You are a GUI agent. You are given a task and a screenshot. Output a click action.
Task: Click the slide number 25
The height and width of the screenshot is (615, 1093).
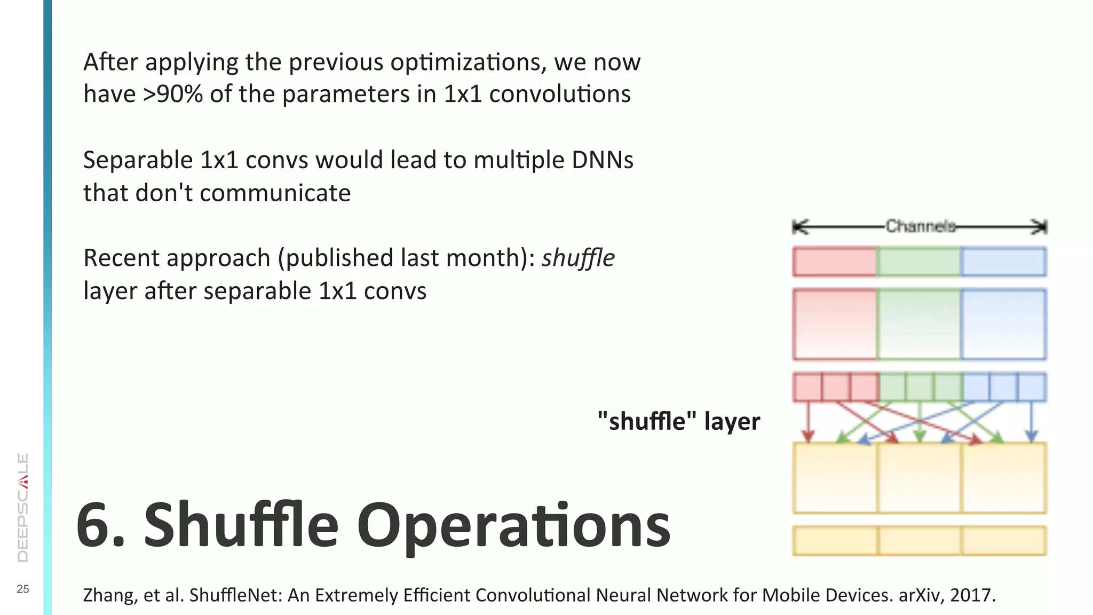tap(23, 589)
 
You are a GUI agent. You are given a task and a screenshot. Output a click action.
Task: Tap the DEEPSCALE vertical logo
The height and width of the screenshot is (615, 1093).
tap(23, 507)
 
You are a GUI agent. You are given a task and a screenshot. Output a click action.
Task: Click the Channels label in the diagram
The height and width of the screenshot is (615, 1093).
tap(921, 226)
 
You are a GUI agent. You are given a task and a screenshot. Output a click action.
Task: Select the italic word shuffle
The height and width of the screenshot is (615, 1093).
tap(578, 258)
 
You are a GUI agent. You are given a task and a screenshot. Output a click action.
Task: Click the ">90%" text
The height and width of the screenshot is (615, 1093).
tap(172, 94)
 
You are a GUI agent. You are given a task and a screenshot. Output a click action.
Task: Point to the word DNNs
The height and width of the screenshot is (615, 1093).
tap(603, 161)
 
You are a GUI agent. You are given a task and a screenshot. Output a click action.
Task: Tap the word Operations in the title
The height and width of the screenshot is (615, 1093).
tap(513, 525)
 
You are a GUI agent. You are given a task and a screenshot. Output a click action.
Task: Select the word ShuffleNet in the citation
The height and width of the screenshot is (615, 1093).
tap(235, 595)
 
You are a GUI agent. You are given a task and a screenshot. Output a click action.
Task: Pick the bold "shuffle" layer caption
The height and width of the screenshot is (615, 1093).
tap(679, 421)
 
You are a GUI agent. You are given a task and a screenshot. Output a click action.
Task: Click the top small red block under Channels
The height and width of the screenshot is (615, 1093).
tap(835, 262)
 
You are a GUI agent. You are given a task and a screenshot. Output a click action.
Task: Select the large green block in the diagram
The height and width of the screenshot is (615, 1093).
tap(918, 324)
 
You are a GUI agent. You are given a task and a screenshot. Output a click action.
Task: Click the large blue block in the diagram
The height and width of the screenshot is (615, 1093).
tap(1003, 324)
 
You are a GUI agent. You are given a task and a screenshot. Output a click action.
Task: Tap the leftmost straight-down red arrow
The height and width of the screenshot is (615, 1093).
tap(808, 422)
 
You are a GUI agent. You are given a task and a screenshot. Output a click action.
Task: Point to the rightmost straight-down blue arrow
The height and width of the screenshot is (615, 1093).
tap(1031, 422)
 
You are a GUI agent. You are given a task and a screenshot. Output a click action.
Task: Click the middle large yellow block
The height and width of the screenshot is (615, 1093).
tap(919, 478)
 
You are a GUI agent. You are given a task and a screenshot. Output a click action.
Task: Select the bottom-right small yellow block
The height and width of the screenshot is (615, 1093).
tap(1003, 541)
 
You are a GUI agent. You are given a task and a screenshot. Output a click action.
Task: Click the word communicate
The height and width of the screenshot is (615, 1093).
tap(275, 193)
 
